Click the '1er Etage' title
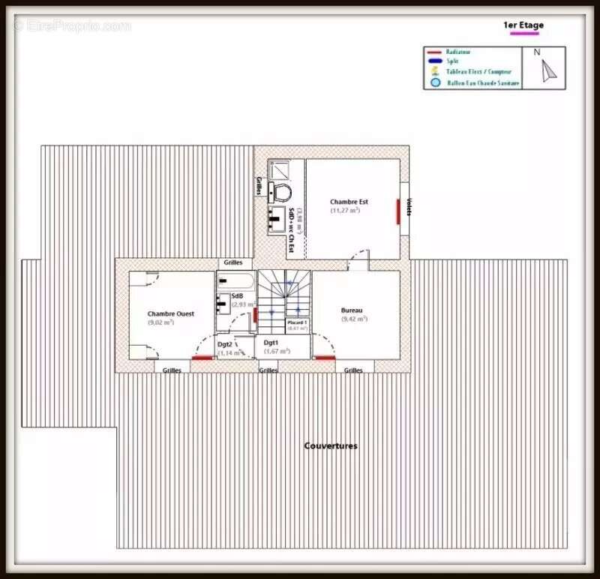pyautogui.click(x=523, y=25)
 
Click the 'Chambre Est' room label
pyautogui.click(x=349, y=202)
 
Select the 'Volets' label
pyautogui.click(x=409, y=207)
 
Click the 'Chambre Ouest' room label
pyautogui.click(x=170, y=313)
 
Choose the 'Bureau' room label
pyautogui.click(x=352, y=310)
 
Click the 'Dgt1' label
pyautogui.click(x=271, y=342)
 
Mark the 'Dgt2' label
pyautogui.click(x=225, y=344)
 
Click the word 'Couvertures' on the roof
pyautogui.click(x=331, y=445)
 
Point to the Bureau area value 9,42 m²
pyautogui.click(x=354, y=319)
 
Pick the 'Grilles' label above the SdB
pyautogui.click(x=233, y=263)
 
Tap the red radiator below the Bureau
pyautogui.click(x=325, y=358)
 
